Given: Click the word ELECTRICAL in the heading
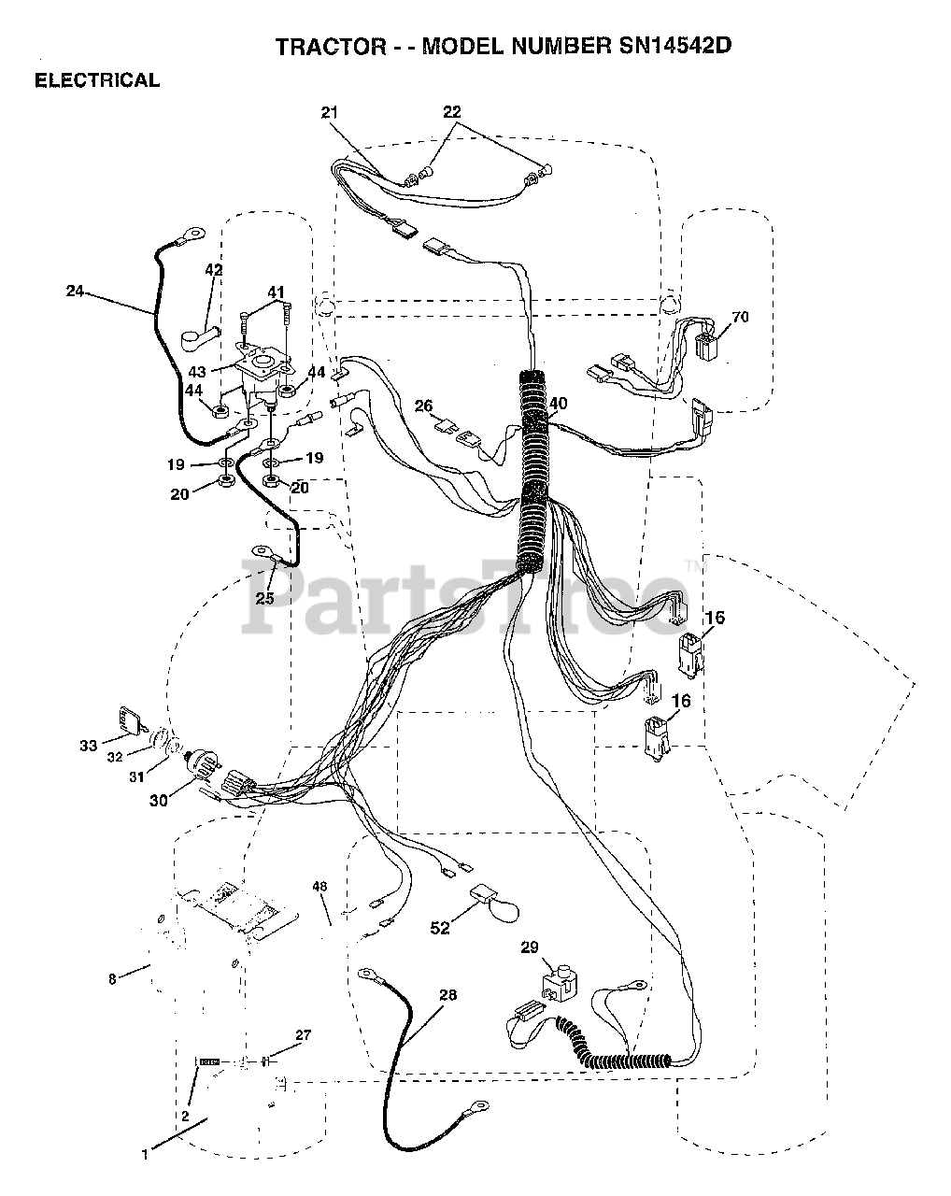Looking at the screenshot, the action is [97, 80].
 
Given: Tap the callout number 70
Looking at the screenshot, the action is [740, 317].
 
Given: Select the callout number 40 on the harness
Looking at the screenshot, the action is [558, 404].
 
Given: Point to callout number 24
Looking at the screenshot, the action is [75, 292].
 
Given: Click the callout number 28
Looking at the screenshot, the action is [447, 995].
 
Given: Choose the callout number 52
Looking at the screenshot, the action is [439, 927].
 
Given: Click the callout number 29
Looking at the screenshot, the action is [530, 947].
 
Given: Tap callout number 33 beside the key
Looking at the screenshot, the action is [88, 745].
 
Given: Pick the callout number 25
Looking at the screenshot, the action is [265, 598].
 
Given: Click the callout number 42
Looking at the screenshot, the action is [214, 270].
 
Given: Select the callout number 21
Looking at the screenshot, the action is [329, 113].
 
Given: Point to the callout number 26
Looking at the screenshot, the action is [424, 406].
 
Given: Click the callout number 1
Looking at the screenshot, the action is [145, 1155].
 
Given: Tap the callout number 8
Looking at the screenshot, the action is [112, 979].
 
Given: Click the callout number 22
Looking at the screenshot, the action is [452, 112].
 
